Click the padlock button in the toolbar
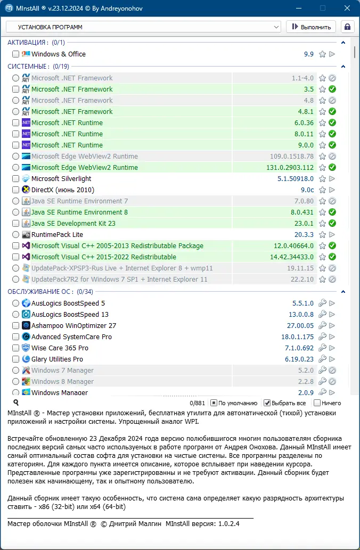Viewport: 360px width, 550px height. (x=347, y=27)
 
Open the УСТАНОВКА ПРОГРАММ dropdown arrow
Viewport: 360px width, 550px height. (x=276, y=27)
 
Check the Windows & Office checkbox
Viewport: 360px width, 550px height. (x=15, y=54)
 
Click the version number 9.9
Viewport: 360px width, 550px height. (x=308, y=54)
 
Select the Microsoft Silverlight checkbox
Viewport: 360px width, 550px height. (x=15, y=179)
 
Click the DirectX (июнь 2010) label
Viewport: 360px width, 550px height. (x=62, y=190)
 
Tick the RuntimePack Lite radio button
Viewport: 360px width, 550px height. (x=15, y=235)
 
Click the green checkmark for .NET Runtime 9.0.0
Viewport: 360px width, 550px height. (x=332, y=145)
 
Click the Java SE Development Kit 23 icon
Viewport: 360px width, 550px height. (x=26, y=224)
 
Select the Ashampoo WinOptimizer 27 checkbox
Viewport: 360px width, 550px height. (x=15, y=326)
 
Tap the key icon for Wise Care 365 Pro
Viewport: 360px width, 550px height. (x=322, y=348)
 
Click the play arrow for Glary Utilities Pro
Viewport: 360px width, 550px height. (x=332, y=359)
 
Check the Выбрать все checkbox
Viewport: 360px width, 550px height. (x=267, y=403)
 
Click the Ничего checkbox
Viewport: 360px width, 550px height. (x=317, y=403)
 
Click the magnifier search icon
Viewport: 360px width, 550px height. (x=16, y=403)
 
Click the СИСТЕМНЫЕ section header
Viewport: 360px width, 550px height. (x=28, y=67)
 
